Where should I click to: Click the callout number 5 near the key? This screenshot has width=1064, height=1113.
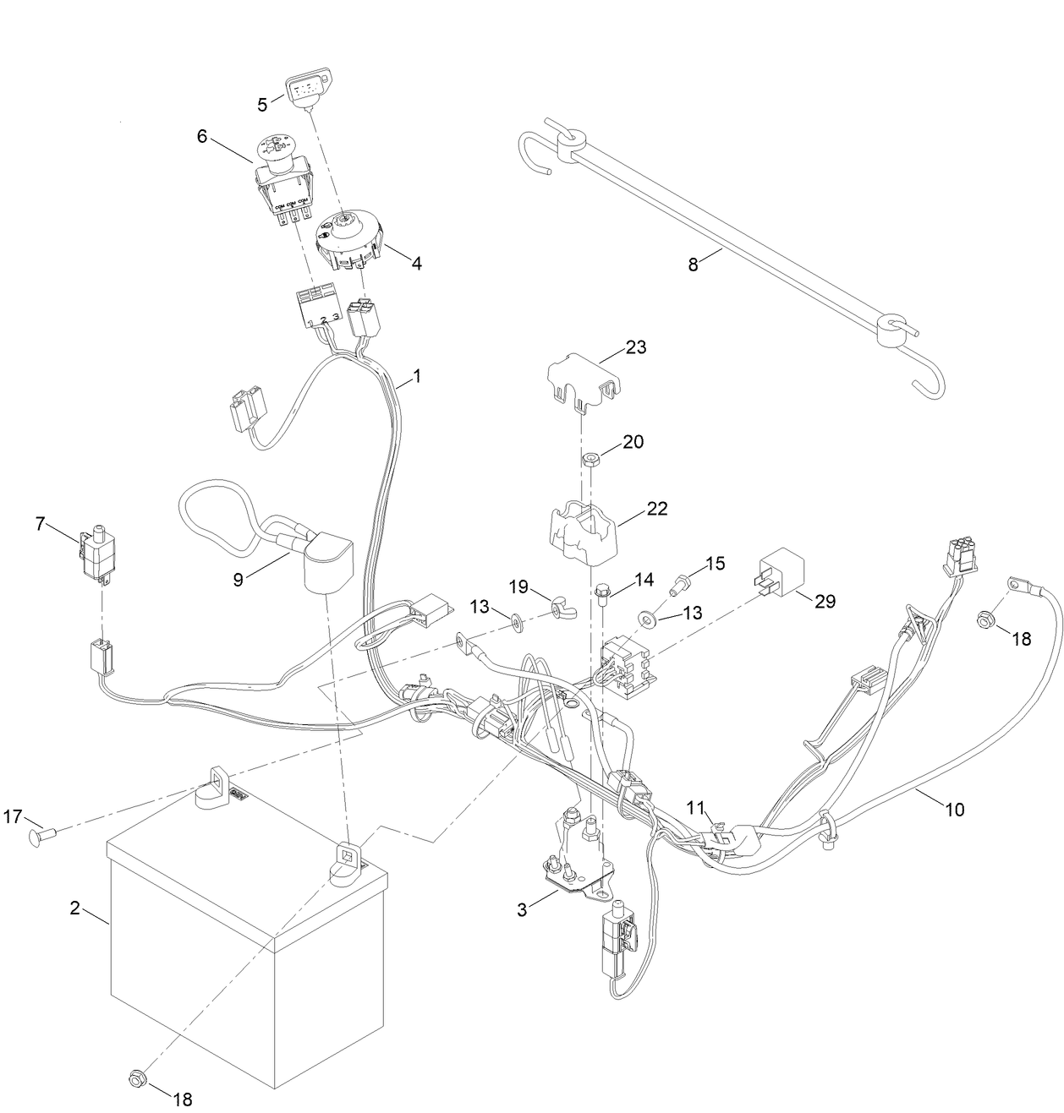tap(262, 105)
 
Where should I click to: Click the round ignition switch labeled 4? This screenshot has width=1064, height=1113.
tap(348, 241)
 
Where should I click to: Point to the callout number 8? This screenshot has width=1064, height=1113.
tap(694, 265)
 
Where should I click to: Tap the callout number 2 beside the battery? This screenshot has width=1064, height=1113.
tap(75, 908)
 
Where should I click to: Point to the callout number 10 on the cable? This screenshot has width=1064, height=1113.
tap(953, 809)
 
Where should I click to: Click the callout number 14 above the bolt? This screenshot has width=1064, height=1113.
tap(644, 581)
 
